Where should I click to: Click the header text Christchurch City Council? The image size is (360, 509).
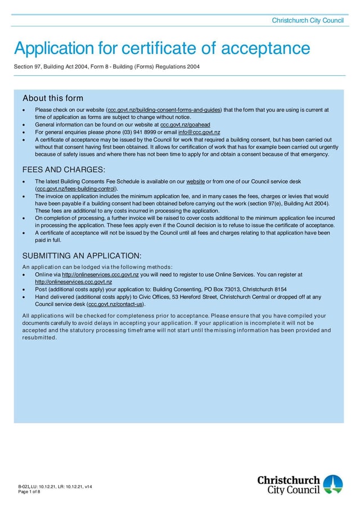tap(307, 20)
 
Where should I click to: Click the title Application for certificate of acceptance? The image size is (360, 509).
tap(162, 48)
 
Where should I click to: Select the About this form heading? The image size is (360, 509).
tap(52, 98)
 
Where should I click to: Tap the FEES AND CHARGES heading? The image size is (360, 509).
tap(64, 170)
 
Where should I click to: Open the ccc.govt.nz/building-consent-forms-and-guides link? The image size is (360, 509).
tap(164, 110)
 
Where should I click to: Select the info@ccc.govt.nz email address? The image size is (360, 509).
tap(199, 132)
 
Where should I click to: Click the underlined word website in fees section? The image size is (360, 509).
tap(195, 182)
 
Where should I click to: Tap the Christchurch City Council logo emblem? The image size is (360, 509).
tap(332, 484)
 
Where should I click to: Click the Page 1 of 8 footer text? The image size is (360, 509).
tap(29, 492)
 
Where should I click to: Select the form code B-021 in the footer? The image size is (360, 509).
tap(24, 486)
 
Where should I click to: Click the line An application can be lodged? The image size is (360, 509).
tap(97, 267)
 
